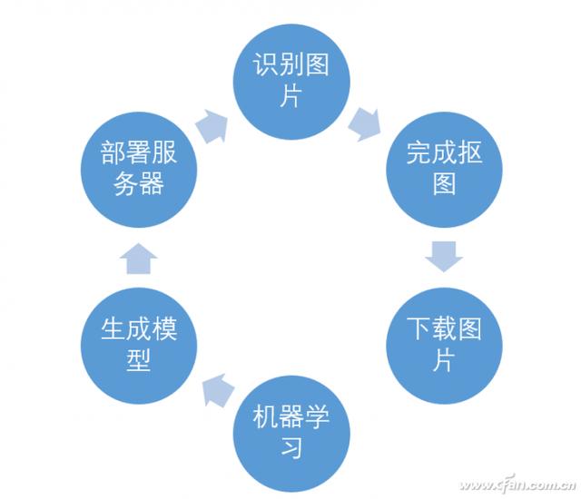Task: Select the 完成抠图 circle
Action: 443,168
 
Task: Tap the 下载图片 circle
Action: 443,340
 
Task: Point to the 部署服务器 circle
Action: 138,168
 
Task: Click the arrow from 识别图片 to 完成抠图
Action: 366,122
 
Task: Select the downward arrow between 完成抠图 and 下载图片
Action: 444,256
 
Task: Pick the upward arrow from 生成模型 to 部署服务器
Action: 138,258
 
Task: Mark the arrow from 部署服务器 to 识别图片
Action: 213,125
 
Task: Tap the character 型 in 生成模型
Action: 138,360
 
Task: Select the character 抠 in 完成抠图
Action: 468,152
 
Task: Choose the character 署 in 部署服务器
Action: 138,152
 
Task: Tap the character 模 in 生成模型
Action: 163,328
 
